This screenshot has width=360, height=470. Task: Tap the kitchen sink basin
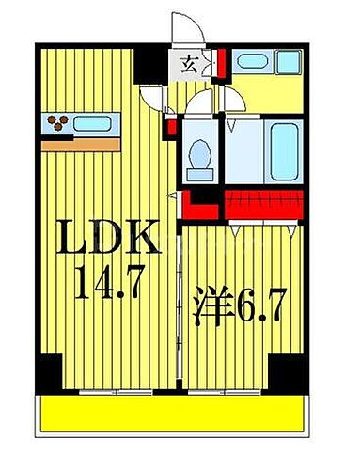tap(93, 122)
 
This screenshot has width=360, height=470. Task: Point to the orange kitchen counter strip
tap(81, 144)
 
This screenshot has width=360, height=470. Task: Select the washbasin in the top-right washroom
tap(251, 62)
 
